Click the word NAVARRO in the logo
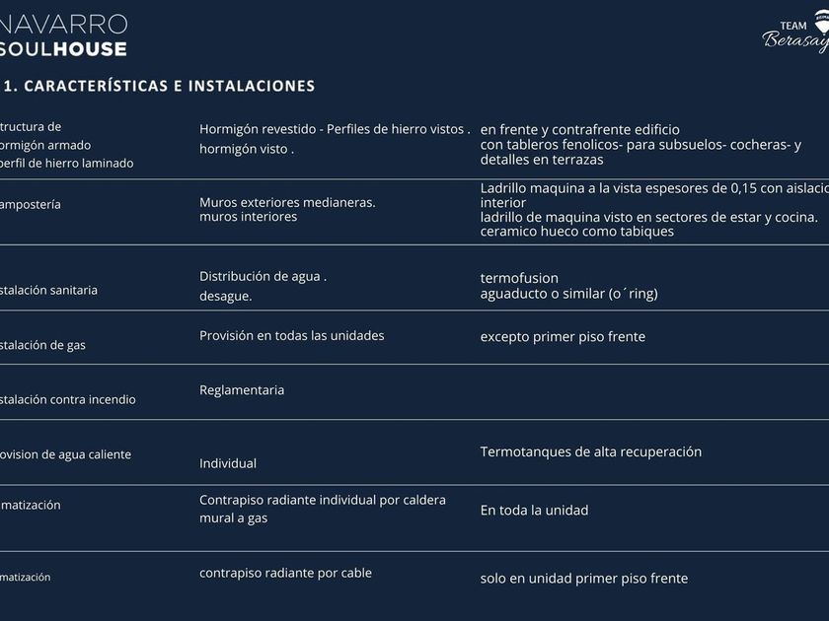pos(65,23)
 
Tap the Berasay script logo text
pos(795,40)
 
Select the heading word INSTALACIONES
pos(252,86)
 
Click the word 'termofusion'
pos(519,278)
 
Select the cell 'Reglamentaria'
pos(242,390)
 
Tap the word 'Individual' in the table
pos(228,463)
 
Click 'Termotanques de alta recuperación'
pos(591,452)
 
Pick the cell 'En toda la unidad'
pos(534,511)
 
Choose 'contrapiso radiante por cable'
pos(285,573)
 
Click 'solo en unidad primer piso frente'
pos(583,579)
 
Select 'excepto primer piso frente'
pos(563,337)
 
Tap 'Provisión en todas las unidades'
pos(292,336)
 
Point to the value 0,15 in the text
pos(742,187)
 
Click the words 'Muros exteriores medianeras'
pos(286,202)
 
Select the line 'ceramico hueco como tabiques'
pos(577,232)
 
